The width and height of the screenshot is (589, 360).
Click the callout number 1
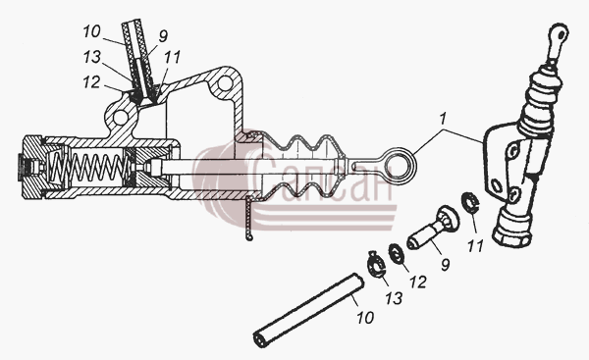click(x=443, y=119)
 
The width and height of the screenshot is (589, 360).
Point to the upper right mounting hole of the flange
click(x=224, y=83)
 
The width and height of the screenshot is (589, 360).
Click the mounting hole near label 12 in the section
click(x=120, y=118)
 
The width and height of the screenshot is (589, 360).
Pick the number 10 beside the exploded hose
click(x=365, y=318)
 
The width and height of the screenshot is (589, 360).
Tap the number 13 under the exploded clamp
click(x=394, y=297)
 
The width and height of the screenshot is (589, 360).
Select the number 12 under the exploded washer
click(x=418, y=282)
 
